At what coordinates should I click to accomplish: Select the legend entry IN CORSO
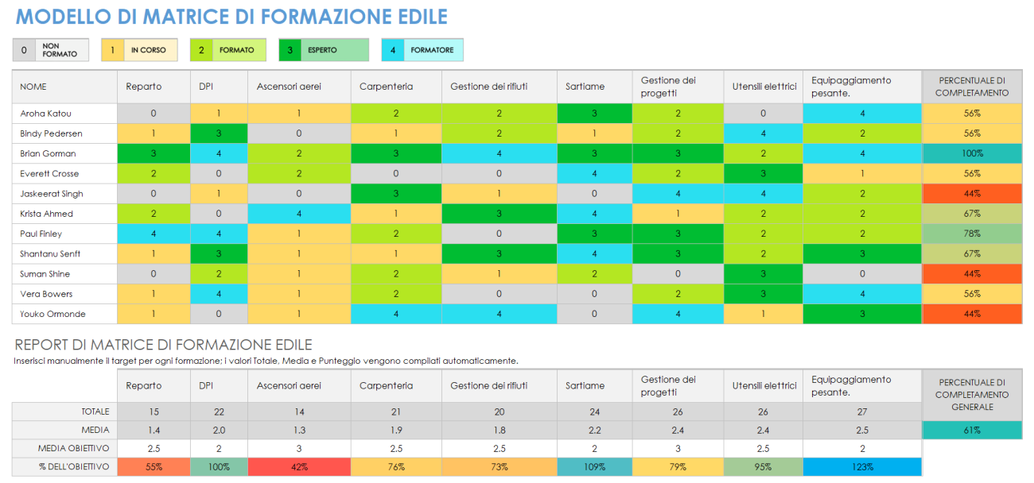point(148,50)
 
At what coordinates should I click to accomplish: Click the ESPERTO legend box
point(323,50)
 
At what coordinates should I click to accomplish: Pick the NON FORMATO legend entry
point(51,50)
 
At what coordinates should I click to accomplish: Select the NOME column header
point(33,87)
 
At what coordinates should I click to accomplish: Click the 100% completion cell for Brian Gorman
point(971,153)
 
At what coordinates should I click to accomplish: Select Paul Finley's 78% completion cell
point(971,234)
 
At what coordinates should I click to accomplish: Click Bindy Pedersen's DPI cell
point(218,133)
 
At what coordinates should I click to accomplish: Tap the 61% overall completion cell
point(971,430)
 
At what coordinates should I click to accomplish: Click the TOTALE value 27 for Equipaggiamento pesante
point(861,412)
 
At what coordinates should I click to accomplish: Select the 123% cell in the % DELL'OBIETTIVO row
point(861,467)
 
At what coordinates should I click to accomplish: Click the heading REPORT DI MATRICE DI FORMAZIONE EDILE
point(162,345)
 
